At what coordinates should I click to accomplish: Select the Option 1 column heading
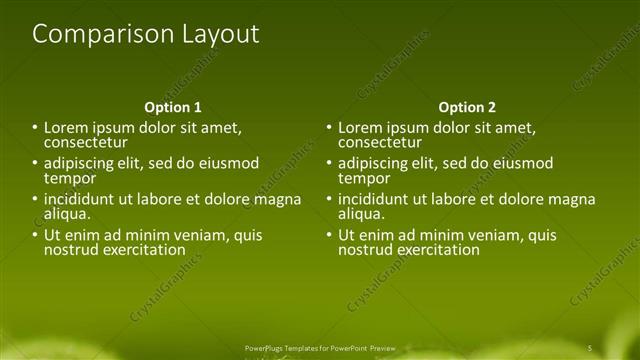tap(173, 107)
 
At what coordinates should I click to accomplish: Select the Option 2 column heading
tap(467, 107)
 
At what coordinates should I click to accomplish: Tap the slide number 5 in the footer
tap(590, 347)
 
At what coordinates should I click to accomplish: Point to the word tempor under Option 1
tap(69, 178)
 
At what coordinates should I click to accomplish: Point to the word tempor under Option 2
tap(363, 178)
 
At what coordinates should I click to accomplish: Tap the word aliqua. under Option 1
tap(67, 214)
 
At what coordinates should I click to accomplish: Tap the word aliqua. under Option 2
tap(361, 214)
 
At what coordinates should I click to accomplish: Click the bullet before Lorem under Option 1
tap(35, 127)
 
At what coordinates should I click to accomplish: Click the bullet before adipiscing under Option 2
tap(329, 163)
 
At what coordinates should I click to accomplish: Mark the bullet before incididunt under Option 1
tap(35, 199)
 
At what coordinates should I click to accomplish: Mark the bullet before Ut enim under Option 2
tap(329, 235)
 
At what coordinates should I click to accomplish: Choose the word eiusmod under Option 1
tap(230, 163)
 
